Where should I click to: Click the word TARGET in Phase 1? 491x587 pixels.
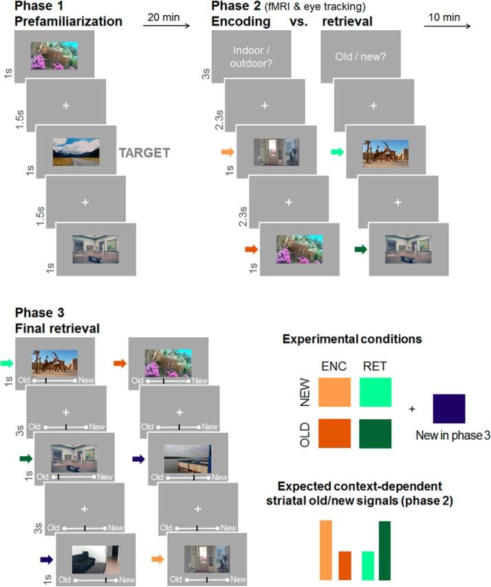tap(144, 153)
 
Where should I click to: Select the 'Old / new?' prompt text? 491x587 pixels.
tap(360, 58)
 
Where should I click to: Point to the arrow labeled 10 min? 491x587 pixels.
tap(447, 27)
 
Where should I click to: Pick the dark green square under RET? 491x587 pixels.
tap(375, 433)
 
